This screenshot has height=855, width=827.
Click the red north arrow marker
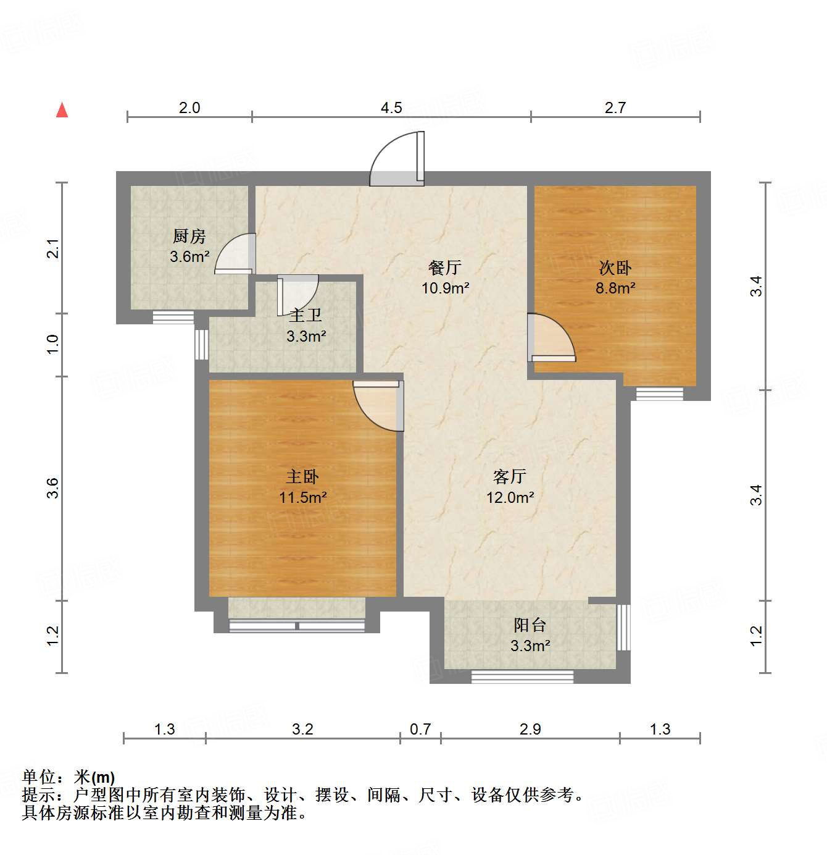pos(62,110)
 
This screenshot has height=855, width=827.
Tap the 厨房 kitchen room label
pos(189,236)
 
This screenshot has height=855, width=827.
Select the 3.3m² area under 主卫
pos(306,337)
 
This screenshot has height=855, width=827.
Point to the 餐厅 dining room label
pos(445,267)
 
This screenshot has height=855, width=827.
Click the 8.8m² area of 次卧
pos(615,288)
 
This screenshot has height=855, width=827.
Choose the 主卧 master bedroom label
pos(302,476)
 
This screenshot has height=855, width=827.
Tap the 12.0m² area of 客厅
pos(510,497)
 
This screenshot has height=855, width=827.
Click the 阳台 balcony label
pos(530,625)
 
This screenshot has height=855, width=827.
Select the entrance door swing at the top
pos(398,159)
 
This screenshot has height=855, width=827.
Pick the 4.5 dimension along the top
pos(391,108)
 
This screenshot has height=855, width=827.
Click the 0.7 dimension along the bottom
pos(420,730)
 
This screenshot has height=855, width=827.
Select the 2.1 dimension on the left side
pos(54,248)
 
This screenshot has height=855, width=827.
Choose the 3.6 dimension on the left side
pos(54,489)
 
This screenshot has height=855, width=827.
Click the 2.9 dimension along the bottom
pos(530,730)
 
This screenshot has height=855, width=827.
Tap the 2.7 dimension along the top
pos(615,108)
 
